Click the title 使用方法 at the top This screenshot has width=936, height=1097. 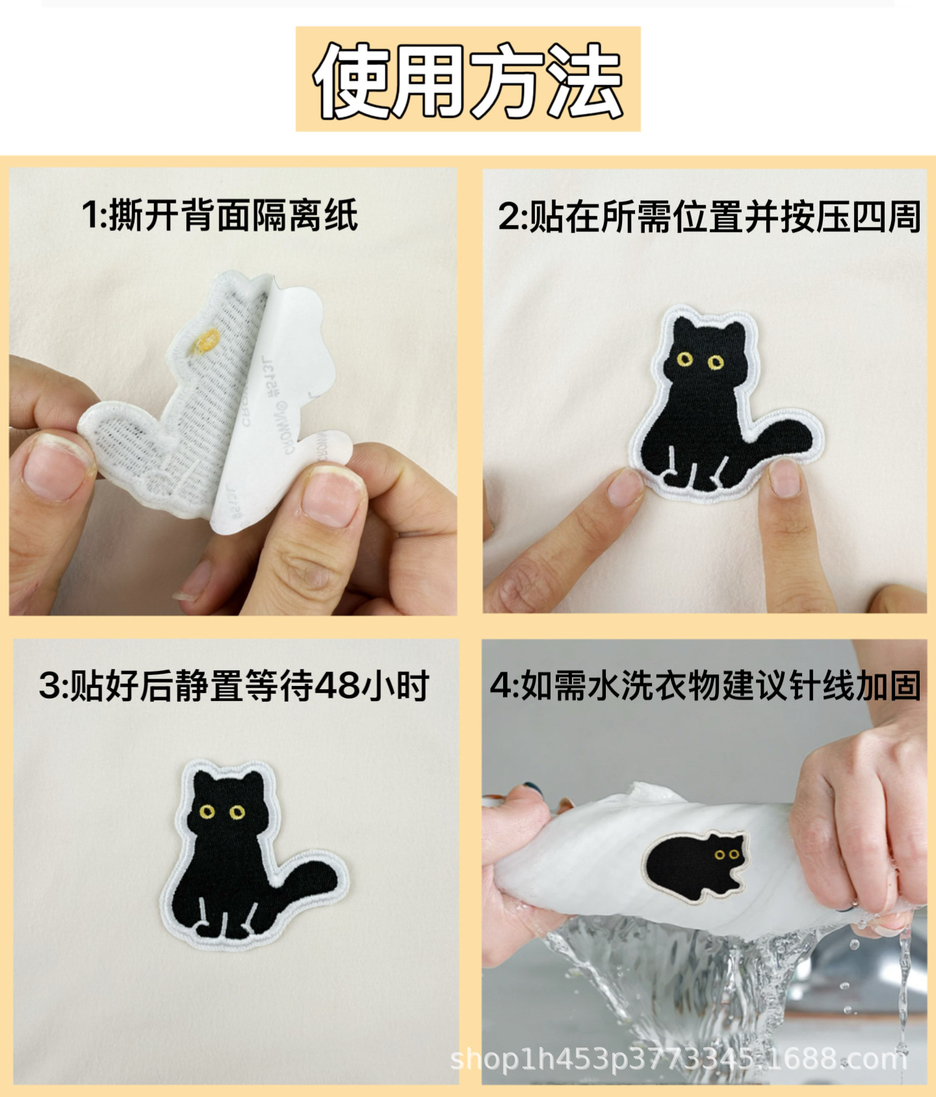pyautogui.click(x=468, y=80)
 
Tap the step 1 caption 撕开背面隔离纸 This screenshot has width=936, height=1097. pyautogui.click(x=220, y=215)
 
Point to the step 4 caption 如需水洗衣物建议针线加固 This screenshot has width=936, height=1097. pyautogui.click(x=706, y=685)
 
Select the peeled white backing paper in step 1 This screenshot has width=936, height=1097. pyautogui.click(x=286, y=390)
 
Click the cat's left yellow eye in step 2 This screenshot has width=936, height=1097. pyautogui.click(x=684, y=359)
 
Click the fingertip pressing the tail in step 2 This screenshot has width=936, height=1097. pyautogui.click(x=785, y=478)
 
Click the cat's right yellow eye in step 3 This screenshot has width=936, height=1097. pyautogui.click(x=237, y=812)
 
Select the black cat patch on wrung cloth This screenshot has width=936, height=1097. pyautogui.click(x=695, y=865)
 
